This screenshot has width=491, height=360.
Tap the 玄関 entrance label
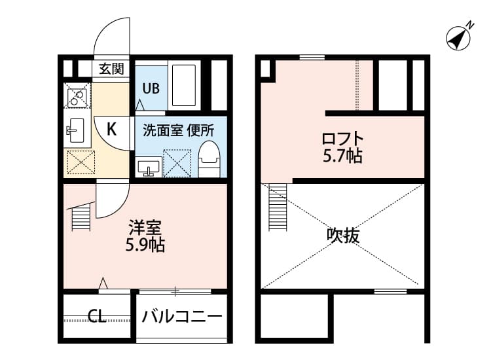[x=111, y=68]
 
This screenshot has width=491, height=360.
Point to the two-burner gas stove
[x=78, y=98]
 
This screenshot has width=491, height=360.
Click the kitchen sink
[x=77, y=130]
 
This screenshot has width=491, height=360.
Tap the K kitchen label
[x=112, y=129]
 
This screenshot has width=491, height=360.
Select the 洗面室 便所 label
[x=179, y=130]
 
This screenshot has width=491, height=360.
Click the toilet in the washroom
[x=209, y=159]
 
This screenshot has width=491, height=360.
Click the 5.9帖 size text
[x=145, y=245]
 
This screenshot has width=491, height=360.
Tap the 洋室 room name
[x=145, y=228]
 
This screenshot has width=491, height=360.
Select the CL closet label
[x=97, y=317]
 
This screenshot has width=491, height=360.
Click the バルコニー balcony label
[x=182, y=317]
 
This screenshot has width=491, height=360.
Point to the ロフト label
[x=342, y=139]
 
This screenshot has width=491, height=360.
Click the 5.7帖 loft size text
[x=342, y=156]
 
